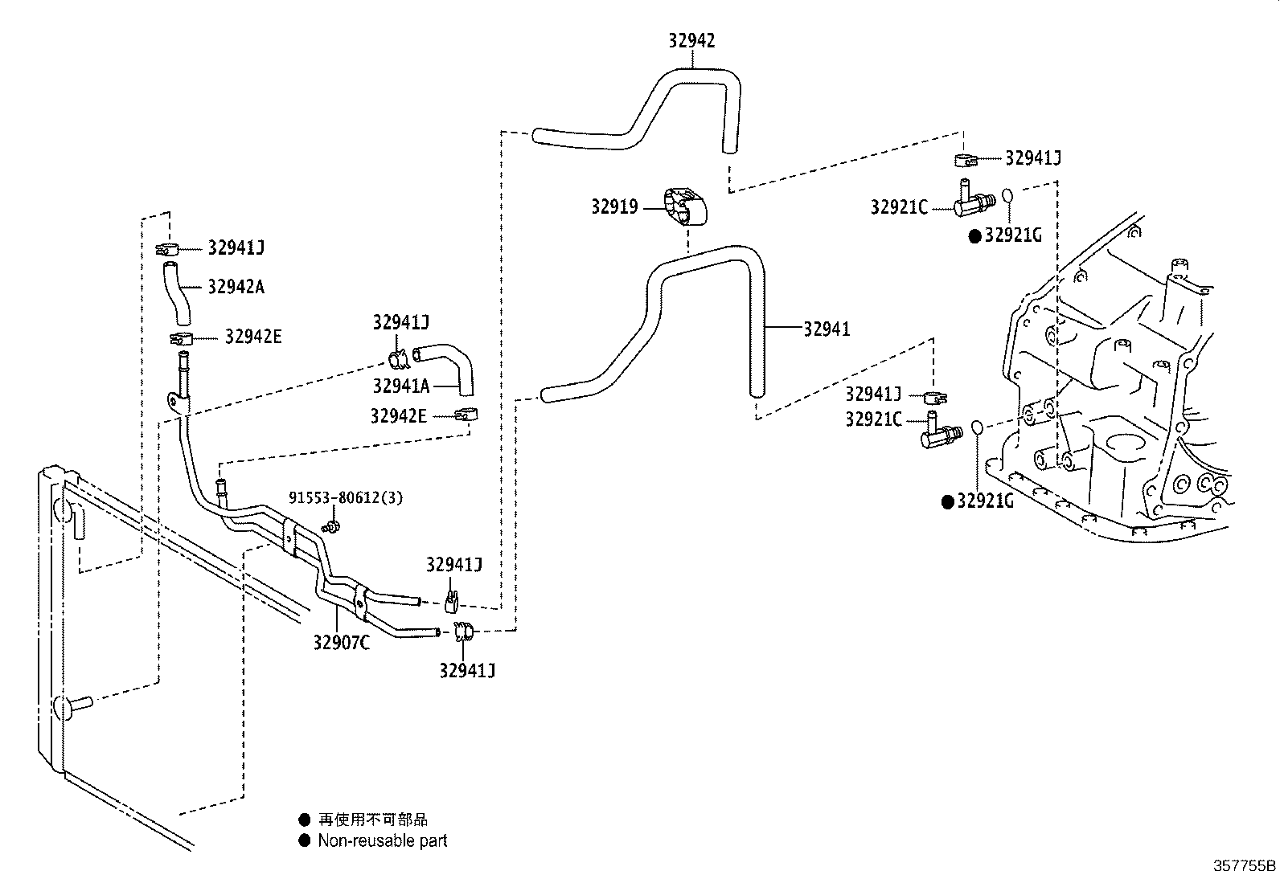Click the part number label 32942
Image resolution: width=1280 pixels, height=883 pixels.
[691, 40]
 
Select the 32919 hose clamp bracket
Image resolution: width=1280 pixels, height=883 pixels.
[685, 206]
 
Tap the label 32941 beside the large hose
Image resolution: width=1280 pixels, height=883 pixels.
[827, 329]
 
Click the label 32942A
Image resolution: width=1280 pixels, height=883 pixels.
[236, 287]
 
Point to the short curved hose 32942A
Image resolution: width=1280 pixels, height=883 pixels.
[177, 293]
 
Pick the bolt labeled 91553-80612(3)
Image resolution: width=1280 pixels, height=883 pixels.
[331, 526]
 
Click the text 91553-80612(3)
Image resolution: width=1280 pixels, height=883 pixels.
[346, 498]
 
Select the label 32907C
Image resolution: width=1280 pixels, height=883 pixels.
[341, 643]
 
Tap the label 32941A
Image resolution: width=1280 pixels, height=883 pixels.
[401, 386]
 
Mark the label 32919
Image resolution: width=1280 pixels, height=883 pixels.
[614, 206]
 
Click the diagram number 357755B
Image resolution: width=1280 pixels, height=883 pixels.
[1244, 866]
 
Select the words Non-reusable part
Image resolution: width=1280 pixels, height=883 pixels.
[382, 840]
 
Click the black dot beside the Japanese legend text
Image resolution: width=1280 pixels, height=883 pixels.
[305, 820]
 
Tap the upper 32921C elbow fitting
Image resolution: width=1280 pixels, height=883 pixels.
[974, 199]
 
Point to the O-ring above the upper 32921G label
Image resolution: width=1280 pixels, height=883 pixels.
[1008, 195]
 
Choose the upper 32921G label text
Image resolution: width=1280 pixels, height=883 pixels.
[1013, 235]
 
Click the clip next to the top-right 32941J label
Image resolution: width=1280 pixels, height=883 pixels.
[966, 161]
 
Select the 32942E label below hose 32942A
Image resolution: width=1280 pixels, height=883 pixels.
[253, 337]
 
